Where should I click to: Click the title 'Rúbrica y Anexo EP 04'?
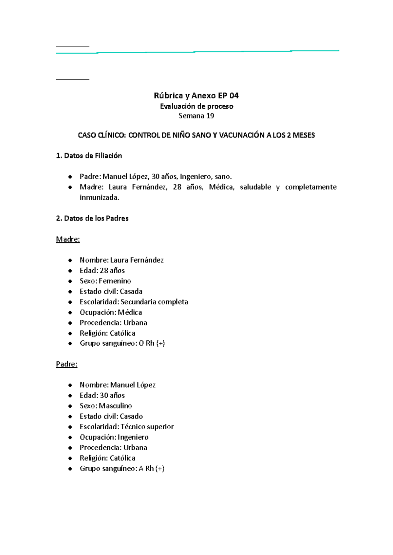tap(196, 96)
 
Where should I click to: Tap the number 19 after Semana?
tap(210, 116)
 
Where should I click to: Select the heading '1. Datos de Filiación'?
tap(89, 156)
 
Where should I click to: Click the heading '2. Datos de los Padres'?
tap(92, 218)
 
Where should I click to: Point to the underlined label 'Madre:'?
tap(68, 239)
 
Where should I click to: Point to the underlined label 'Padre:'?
tap(66, 364)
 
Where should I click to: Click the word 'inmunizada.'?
tap(100, 197)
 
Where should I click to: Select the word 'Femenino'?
tap(115, 281)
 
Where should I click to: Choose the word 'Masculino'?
tap(115, 406)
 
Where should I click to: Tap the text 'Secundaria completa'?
tap(154, 302)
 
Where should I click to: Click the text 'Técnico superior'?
tap(147, 427)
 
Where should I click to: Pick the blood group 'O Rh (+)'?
tap(152, 343)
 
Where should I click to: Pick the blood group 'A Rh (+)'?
tap(151, 468)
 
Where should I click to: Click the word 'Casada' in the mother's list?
tap(131, 291)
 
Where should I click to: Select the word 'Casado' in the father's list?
tap(131, 416)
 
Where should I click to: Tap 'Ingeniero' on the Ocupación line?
tap(133, 437)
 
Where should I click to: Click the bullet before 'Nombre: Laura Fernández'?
tap(70, 260)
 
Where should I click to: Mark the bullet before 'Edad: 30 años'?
tap(70, 396)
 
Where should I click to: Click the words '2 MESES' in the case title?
tap(301, 135)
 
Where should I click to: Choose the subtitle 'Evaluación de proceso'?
tap(196, 106)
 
